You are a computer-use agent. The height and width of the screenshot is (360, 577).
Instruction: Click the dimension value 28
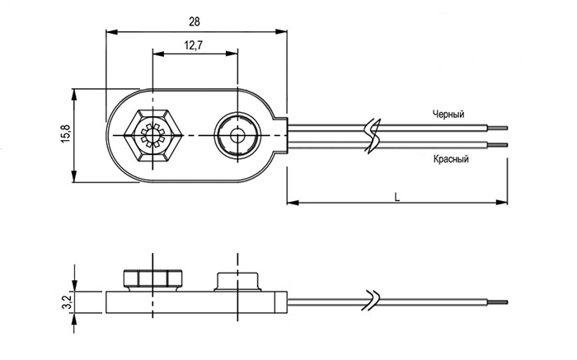(195, 20)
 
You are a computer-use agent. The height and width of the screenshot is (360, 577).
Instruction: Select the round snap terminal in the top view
(237, 134)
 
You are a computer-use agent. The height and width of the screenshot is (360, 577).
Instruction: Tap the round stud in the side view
(237, 279)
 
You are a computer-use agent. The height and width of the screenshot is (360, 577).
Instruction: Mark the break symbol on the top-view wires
(373, 134)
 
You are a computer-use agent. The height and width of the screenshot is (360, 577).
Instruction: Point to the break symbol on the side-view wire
(373, 300)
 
